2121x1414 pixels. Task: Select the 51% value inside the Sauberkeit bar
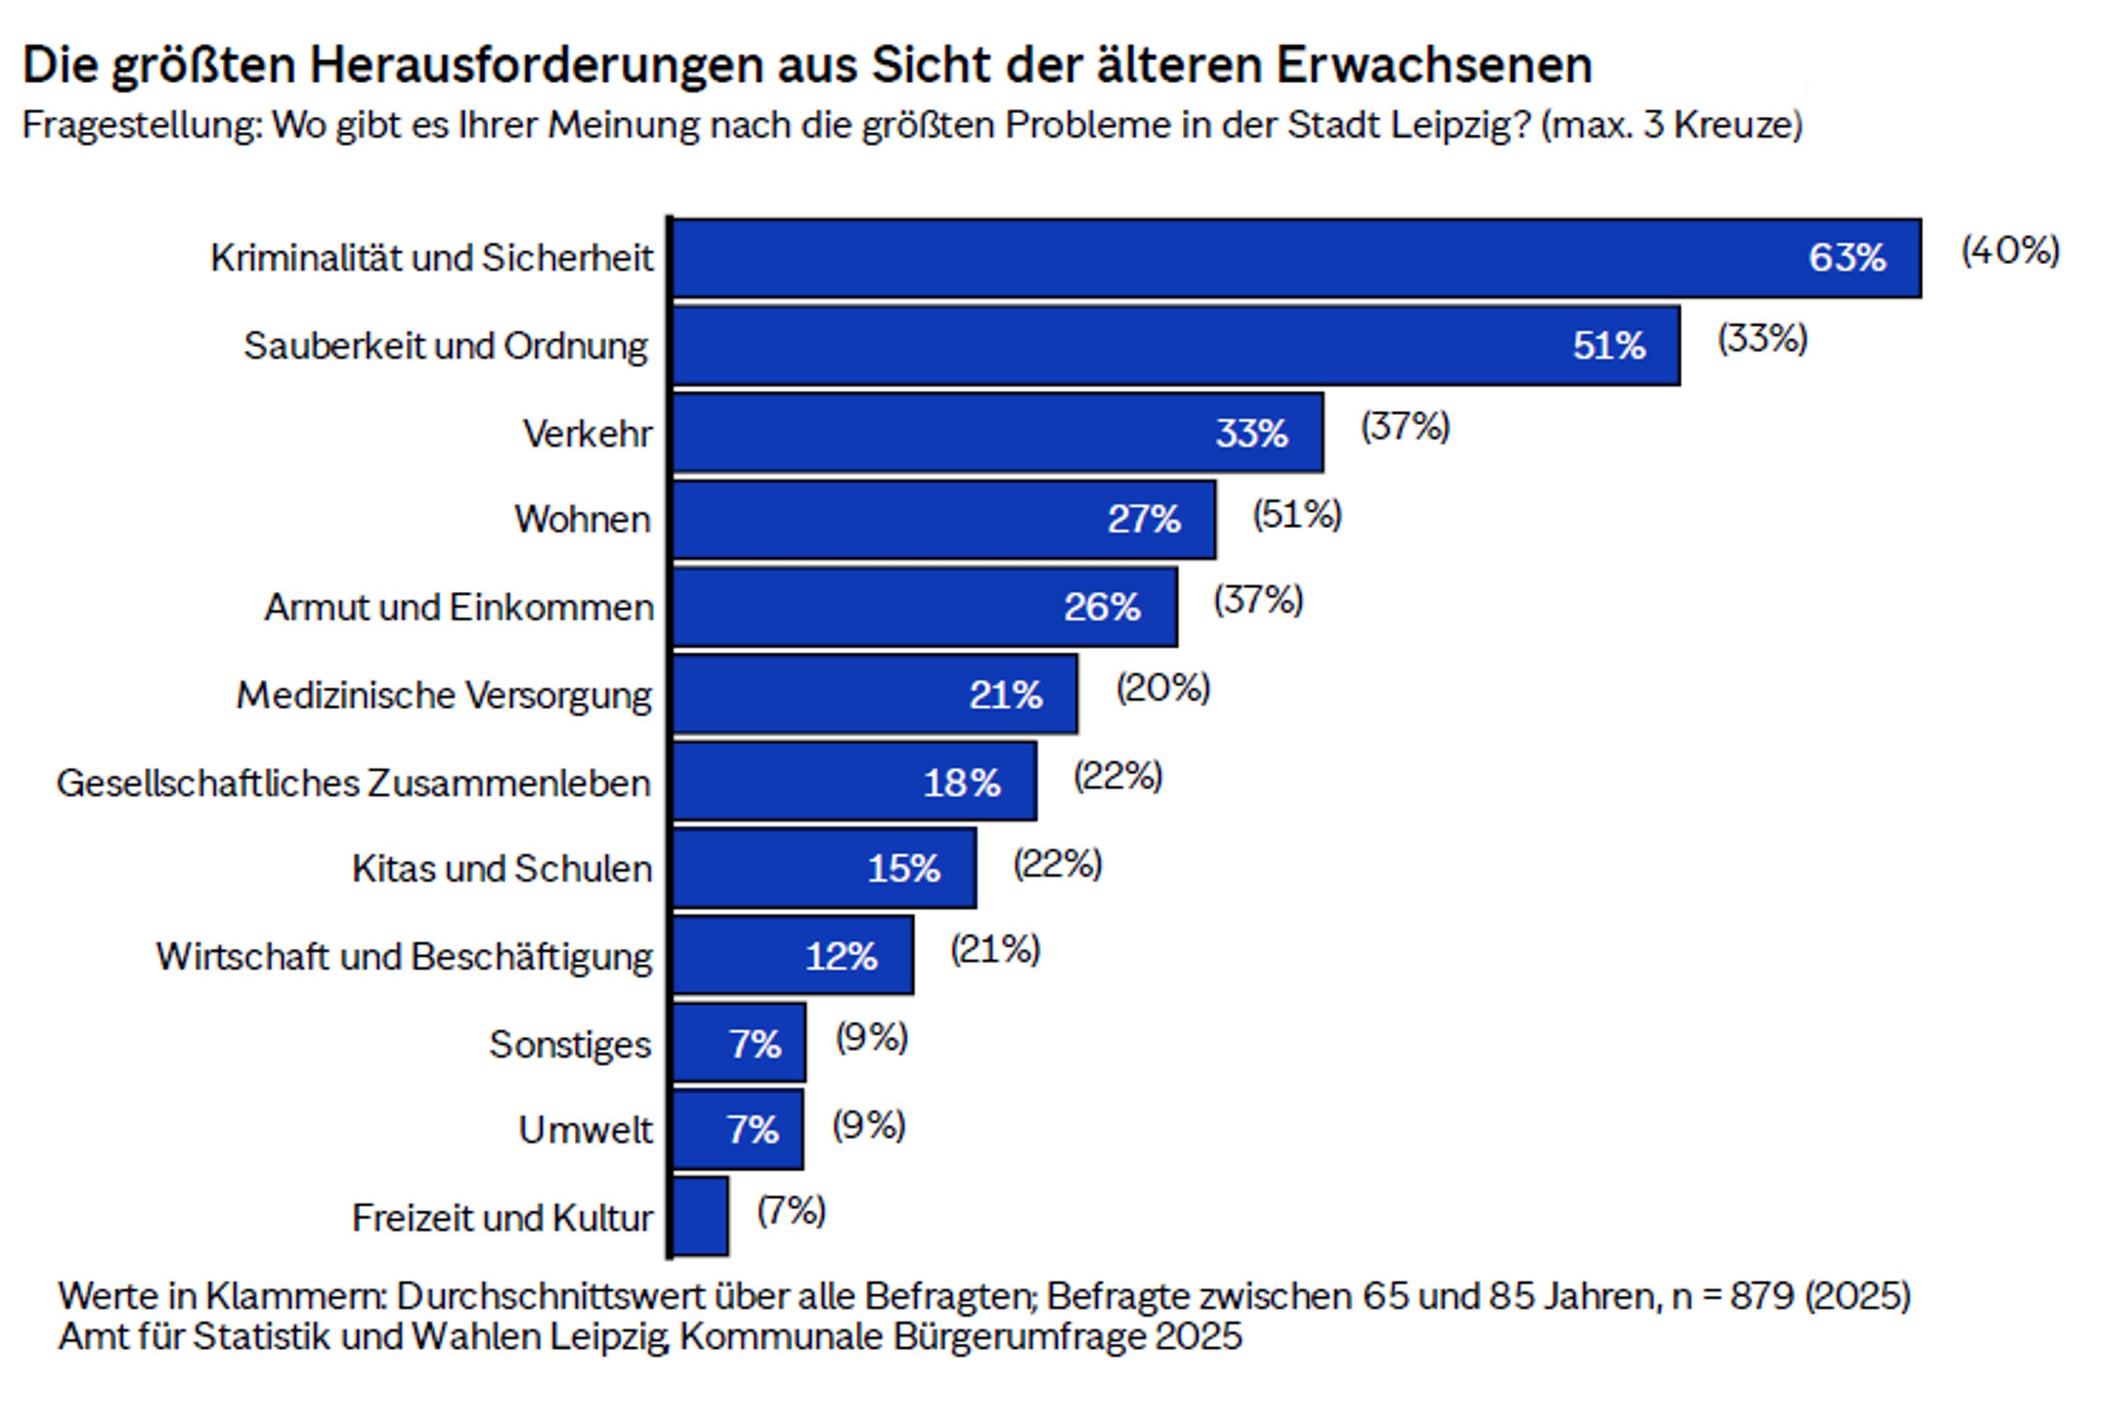click(x=1608, y=346)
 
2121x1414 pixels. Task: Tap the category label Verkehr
click(x=587, y=434)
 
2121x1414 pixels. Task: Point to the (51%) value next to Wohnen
click(x=1296, y=515)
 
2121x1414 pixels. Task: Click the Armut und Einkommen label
click(x=458, y=607)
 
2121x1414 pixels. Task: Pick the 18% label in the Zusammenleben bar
click(x=962, y=782)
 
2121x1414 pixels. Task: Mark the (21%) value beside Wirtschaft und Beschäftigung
click(x=995, y=949)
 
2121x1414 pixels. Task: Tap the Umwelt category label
click(x=585, y=1129)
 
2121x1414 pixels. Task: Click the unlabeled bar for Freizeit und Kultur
click(x=701, y=1216)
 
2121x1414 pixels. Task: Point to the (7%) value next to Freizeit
click(x=791, y=1211)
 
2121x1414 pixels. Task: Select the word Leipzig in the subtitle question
click(x=1460, y=125)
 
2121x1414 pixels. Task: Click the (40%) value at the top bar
click(x=2010, y=252)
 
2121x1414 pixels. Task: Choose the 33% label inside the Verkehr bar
click(x=1251, y=434)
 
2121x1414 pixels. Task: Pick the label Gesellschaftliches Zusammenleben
click(x=353, y=782)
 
